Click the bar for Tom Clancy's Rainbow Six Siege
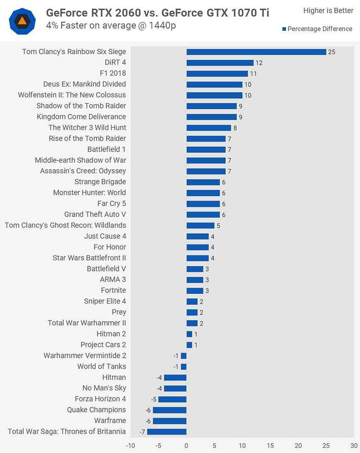[x=256, y=52]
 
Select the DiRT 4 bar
[x=220, y=63]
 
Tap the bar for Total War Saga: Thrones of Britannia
[x=167, y=431]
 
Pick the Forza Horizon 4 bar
[x=172, y=399]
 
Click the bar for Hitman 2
[x=189, y=334]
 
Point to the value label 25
[x=332, y=52]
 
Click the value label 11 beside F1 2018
[x=253, y=74]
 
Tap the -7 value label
[x=143, y=432]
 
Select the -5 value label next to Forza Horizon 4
[x=154, y=399]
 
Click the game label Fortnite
[x=114, y=290]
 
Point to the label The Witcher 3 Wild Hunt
[x=87, y=127]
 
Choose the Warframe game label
[x=110, y=420]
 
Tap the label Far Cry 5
[x=112, y=203]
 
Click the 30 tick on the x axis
[x=354, y=445]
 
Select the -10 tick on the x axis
[x=130, y=445]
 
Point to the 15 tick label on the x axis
[x=270, y=445]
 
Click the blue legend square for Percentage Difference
[x=284, y=29]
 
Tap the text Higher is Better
[x=328, y=11]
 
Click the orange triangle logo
[x=22, y=21]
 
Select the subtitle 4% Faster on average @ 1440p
[x=111, y=25]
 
